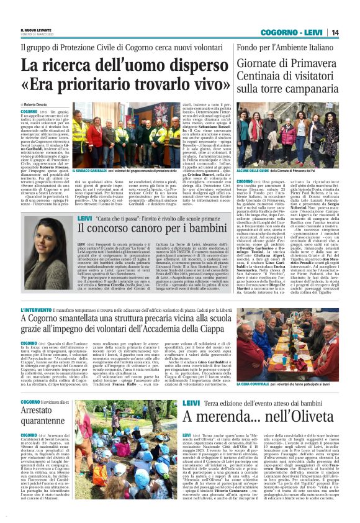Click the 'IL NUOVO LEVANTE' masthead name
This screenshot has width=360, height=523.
[36, 29]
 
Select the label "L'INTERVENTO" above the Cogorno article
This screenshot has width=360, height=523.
[34, 310]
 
